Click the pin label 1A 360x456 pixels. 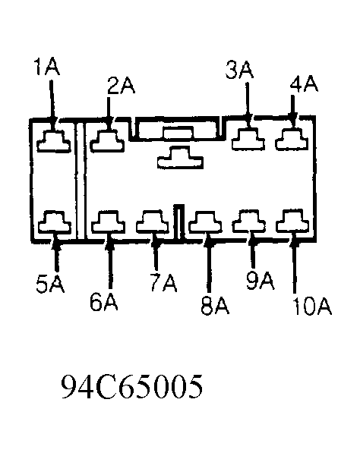click(46, 67)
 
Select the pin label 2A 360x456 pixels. click(121, 86)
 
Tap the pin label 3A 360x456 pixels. click(239, 70)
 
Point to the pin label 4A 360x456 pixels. click(304, 83)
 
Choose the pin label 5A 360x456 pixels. click(50, 284)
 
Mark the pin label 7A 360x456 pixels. click(163, 283)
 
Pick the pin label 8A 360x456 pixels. click(215, 306)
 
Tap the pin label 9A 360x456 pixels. click(261, 281)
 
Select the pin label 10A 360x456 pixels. click(312, 307)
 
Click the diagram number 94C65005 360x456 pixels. click(131, 386)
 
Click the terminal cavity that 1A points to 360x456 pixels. click(54, 141)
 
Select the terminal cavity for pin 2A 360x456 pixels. click(107, 141)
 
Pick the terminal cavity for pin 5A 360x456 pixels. click(55, 222)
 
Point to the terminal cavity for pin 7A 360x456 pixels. click(153, 222)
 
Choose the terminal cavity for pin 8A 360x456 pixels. click(205, 222)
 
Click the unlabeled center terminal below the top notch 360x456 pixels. click(180, 158)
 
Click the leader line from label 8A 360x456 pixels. click(208, 266)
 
